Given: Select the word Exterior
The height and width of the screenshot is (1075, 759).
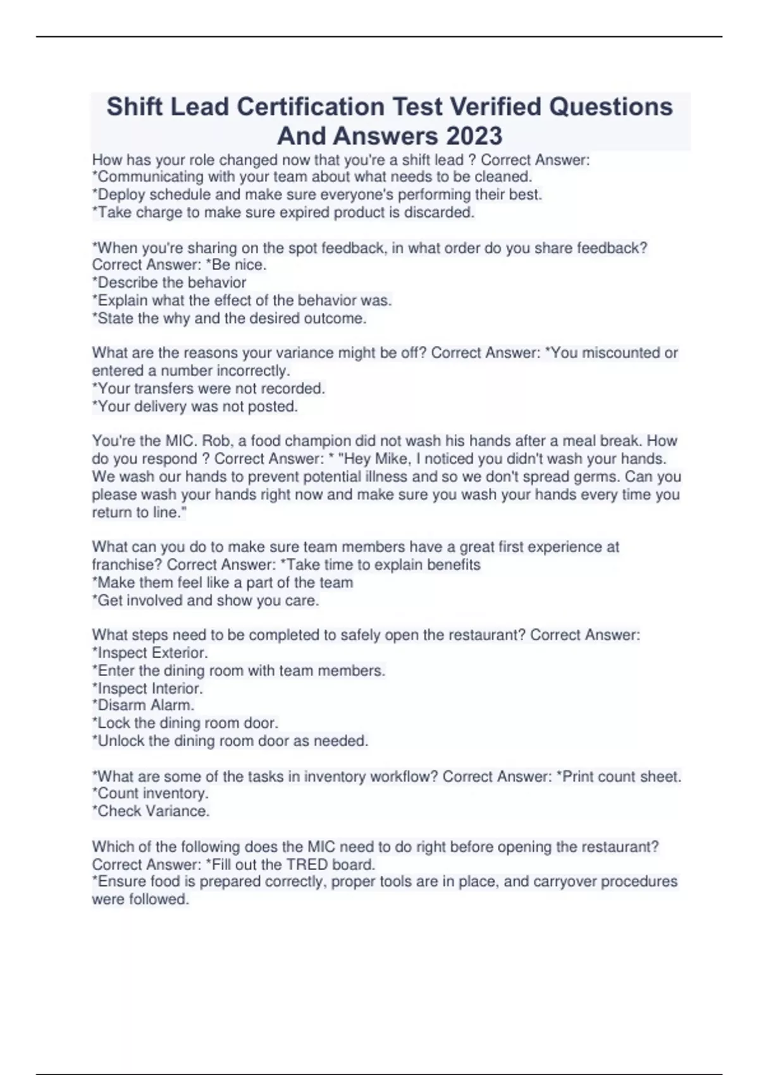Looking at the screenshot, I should click(178, 653).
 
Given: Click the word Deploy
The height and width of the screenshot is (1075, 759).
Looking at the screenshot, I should click(121, 195).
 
